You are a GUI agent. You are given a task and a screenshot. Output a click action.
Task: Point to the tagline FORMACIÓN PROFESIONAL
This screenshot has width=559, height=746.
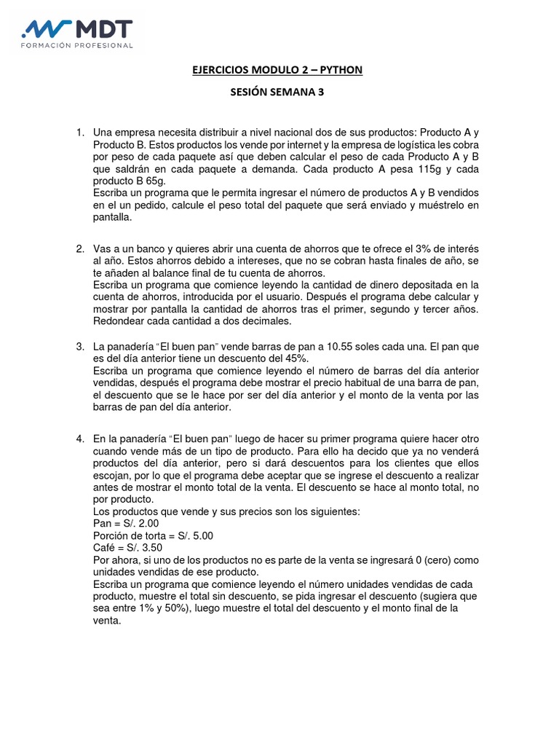(x=77, y=45)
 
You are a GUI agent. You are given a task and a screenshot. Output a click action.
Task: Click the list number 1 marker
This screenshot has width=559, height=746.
(x=80, y=133)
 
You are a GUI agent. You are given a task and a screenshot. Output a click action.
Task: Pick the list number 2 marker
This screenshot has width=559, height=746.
(x=80, y=249)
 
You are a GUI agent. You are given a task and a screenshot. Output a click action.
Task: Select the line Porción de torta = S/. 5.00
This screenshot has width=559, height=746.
(x=153, y=535)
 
